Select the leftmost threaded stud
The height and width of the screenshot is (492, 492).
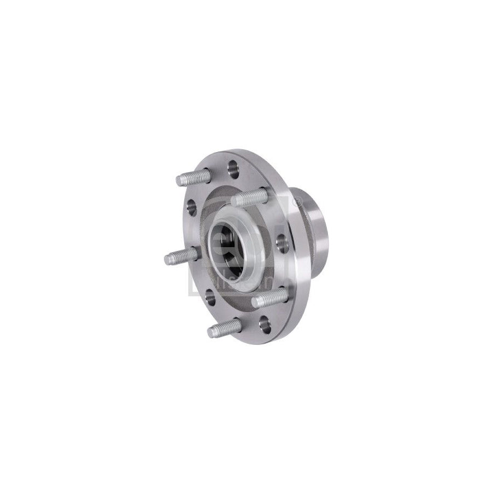[181, 255]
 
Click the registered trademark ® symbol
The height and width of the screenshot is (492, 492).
[296, 202]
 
